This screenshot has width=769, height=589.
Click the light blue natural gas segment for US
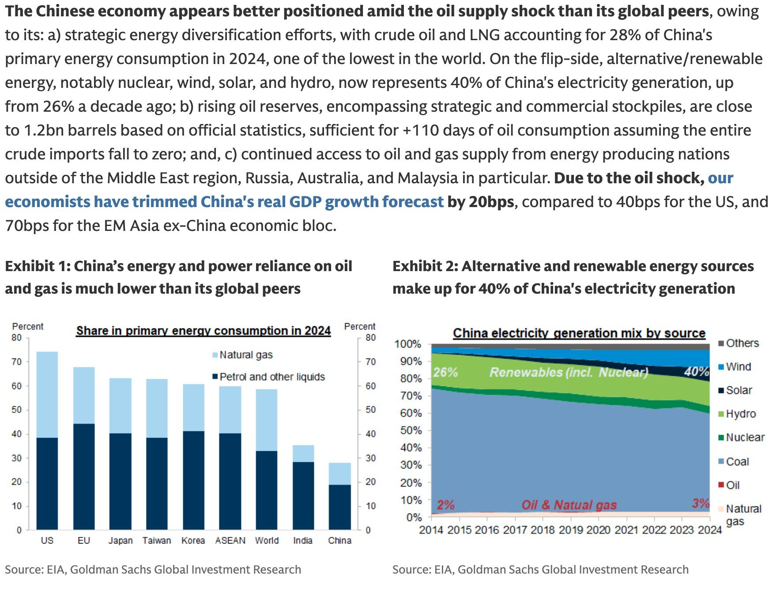(47, 394)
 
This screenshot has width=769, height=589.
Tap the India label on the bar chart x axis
(303, 540)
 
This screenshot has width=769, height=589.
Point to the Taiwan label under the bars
(157, 540)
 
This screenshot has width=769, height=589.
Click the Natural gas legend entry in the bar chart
(245, 355)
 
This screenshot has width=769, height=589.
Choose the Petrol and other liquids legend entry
(271, 377)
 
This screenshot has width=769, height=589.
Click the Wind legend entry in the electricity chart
(738, 367)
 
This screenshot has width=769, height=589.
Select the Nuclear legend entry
(745, 438)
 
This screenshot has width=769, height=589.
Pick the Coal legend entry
(737, 462)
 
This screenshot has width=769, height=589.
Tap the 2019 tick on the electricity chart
(570, 530)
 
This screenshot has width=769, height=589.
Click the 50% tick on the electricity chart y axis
(411, 430)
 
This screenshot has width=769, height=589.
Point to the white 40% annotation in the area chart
(696, 372)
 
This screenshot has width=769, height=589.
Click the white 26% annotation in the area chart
(445, 372)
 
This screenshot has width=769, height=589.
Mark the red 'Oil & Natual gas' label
(569, 505)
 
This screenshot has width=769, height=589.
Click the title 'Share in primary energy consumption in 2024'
(203, 331)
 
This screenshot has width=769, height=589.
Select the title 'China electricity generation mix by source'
(579, 333)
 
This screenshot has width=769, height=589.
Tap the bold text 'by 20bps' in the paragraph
(480, 202)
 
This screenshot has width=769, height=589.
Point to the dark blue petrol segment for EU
(84, 477)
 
